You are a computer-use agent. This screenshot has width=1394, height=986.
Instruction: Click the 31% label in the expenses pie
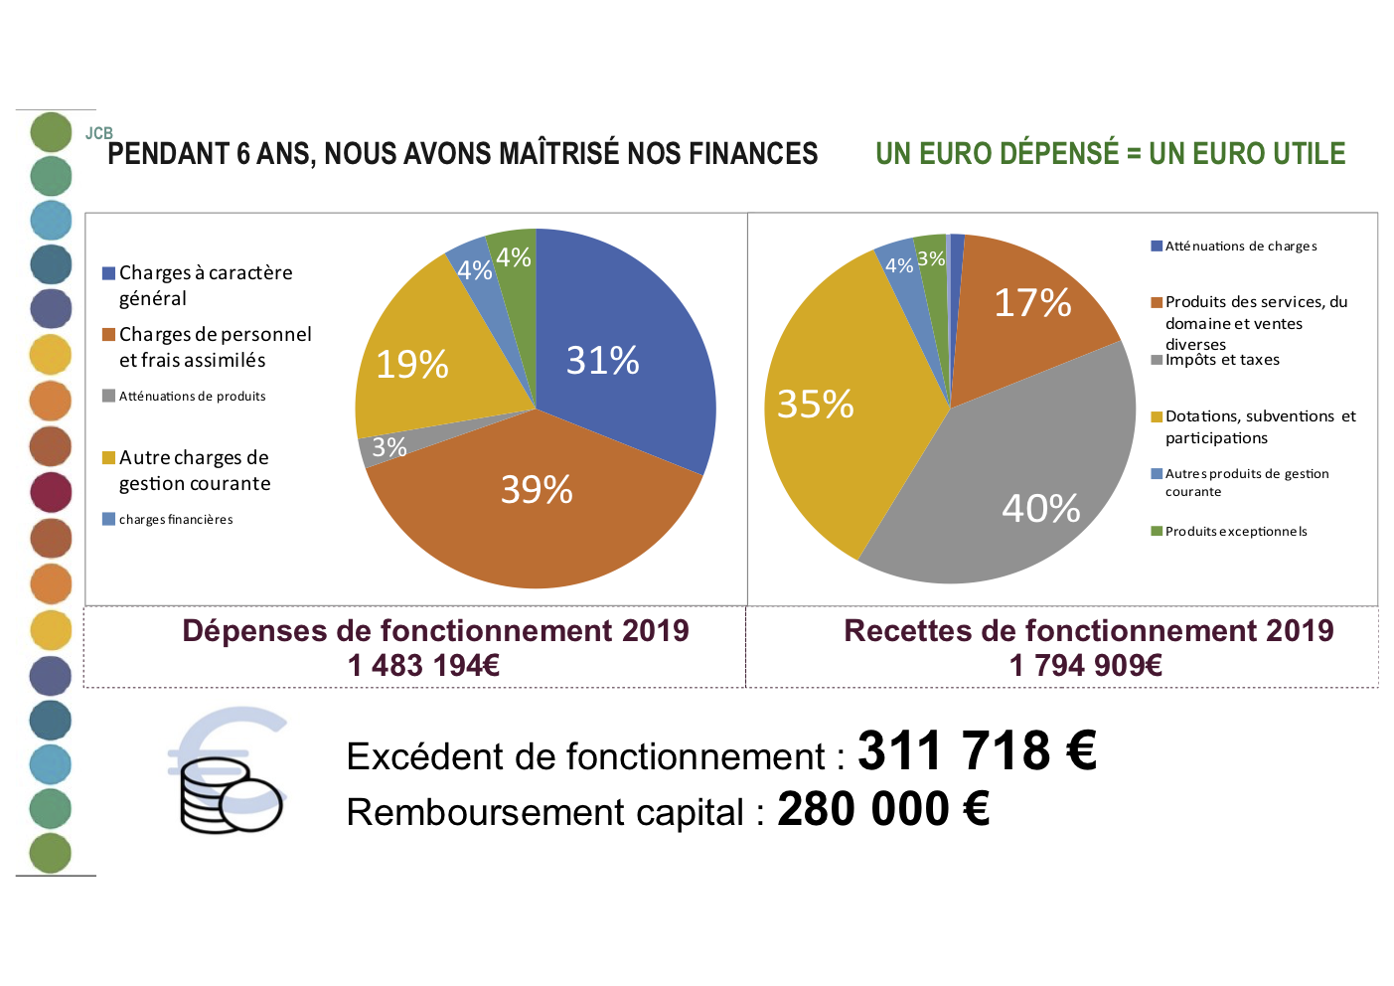602,361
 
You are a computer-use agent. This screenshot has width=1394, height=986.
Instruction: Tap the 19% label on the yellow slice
412,365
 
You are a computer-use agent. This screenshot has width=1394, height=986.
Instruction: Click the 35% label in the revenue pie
815,405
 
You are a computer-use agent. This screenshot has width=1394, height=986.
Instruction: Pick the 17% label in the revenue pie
1032,303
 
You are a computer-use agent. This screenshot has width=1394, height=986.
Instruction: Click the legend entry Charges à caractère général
206,285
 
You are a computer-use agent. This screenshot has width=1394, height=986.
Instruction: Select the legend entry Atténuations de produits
192,397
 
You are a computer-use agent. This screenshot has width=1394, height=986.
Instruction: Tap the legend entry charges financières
176,520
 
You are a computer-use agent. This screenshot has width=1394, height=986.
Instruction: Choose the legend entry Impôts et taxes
1222,360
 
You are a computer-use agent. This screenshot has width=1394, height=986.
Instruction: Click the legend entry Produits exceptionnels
1236,532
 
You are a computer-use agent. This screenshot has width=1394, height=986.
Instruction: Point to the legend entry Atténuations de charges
1241,246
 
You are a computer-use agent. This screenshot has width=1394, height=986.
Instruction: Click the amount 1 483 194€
423,666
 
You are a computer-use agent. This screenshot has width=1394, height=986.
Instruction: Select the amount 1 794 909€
1086,666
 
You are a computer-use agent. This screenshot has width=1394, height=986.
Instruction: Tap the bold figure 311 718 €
977,751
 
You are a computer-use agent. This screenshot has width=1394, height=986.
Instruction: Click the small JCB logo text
99,133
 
